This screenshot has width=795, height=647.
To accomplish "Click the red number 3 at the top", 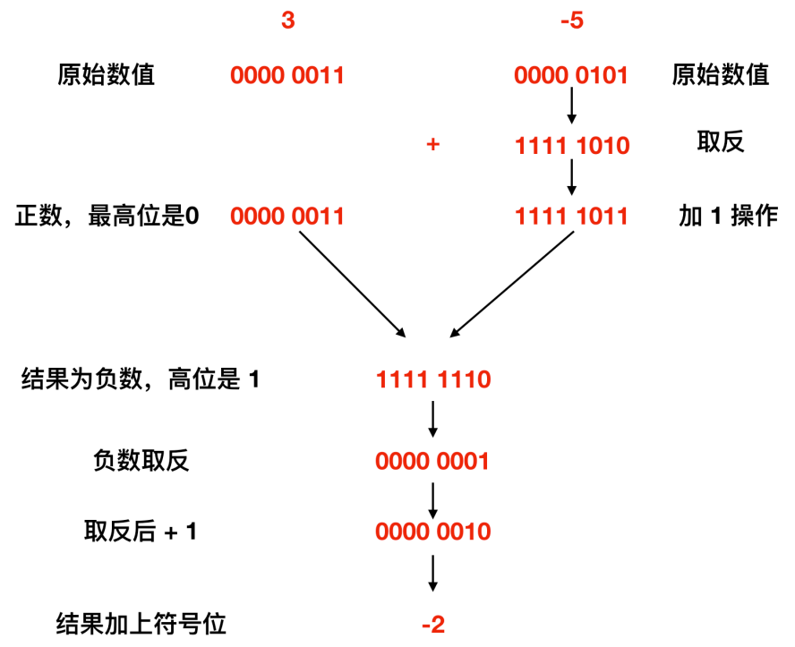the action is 287,21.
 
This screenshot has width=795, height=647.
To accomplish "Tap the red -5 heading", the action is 570,21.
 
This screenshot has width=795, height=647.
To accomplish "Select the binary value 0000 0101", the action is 572,75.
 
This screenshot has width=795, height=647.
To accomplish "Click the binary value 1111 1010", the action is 572,145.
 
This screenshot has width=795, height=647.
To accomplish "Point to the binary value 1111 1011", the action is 572,216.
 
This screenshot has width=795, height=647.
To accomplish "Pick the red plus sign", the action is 433,145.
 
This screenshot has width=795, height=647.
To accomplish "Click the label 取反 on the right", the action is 721,143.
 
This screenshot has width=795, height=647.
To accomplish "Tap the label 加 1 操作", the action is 727,216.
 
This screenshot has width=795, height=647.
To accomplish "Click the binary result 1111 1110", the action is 433,380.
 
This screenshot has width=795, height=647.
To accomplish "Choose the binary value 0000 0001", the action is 433,462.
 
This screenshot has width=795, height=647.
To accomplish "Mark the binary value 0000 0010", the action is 433,532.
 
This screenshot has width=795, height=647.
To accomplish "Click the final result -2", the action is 433,624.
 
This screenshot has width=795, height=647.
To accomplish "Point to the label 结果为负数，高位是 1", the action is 141,380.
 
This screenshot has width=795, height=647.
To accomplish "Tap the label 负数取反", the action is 141,462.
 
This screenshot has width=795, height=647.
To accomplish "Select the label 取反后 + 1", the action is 141,532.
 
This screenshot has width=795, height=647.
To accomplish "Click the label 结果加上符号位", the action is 141,624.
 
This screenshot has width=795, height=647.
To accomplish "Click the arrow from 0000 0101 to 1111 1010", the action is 572,109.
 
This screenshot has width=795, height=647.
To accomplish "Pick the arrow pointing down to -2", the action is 433,573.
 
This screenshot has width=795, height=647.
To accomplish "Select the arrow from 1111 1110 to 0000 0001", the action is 433,419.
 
